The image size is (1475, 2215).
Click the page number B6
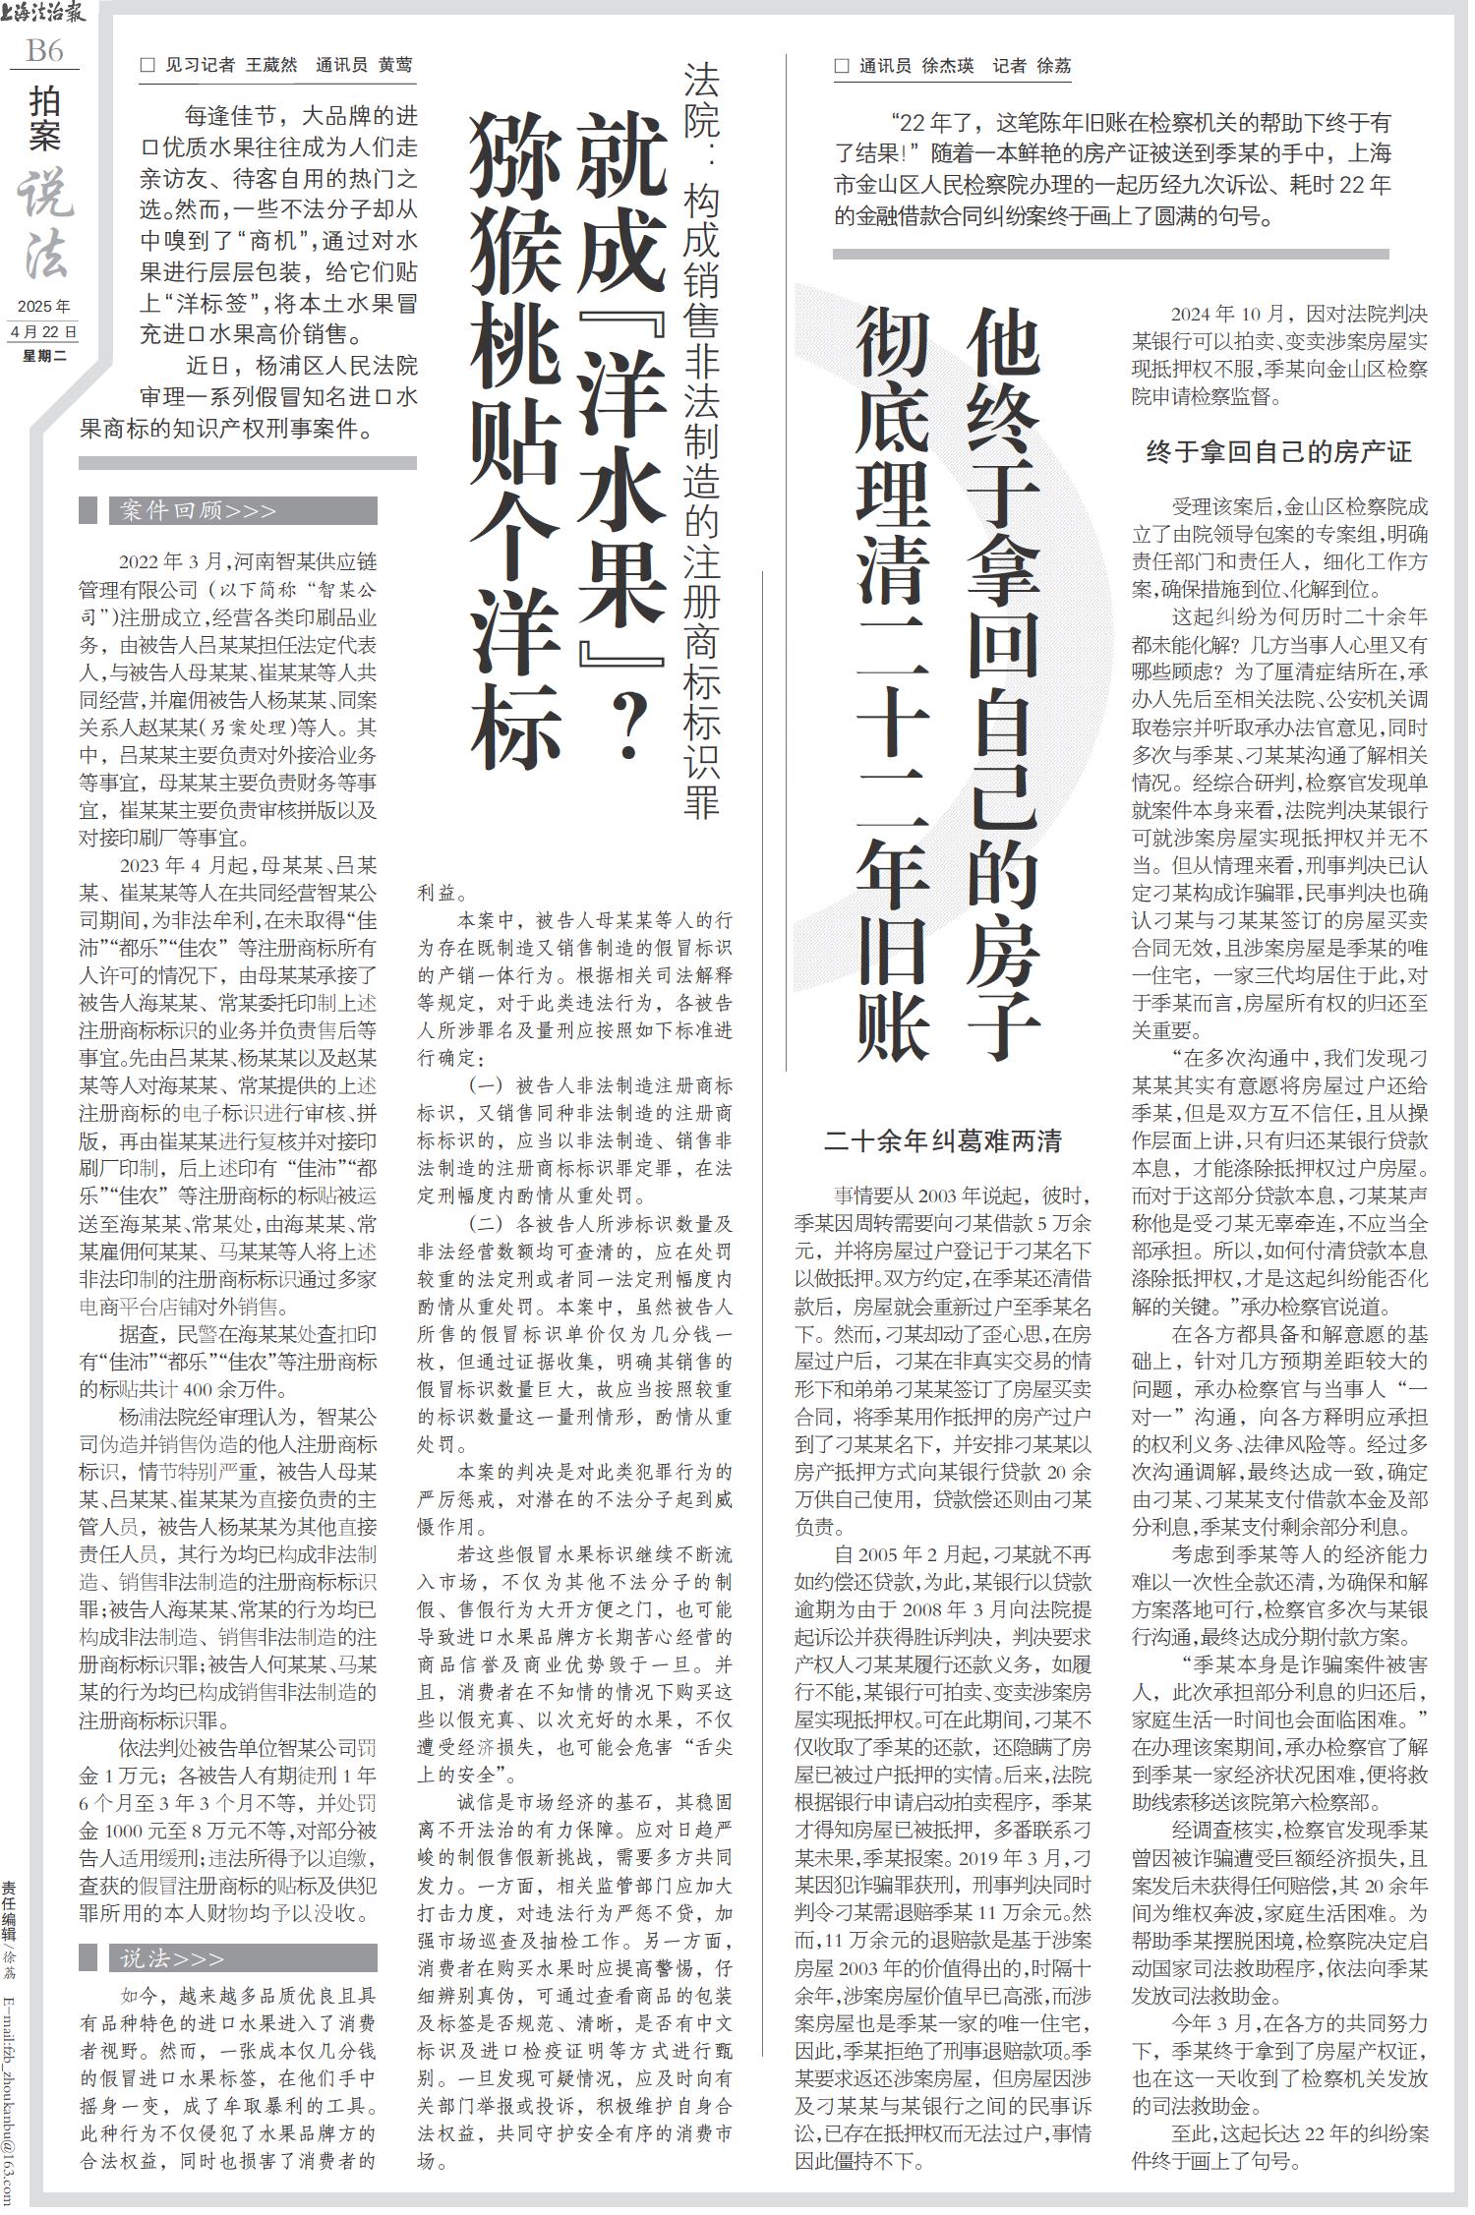pos(44,51)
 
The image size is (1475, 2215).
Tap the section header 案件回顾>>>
pos(197,511)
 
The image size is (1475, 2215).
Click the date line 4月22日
pos(44,331)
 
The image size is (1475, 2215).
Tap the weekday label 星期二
pos(44,355)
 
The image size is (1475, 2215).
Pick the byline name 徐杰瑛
pos(949,66)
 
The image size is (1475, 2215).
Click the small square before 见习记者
pos(148,66)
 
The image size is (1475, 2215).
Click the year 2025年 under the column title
pos(44,306)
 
